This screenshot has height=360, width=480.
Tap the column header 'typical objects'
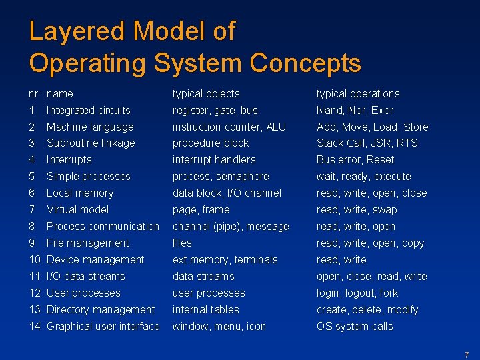[x=205, y=94]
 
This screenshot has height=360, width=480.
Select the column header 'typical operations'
[x=357, y=94]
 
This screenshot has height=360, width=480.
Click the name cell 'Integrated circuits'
[x=88, y=111]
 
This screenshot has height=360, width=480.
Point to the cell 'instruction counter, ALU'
[x=229, y=127]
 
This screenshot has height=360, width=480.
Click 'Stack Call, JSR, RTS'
[x=367, y=143]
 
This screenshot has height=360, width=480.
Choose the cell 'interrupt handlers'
[x=213, y=160]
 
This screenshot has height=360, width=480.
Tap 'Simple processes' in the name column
[x=88, y=177]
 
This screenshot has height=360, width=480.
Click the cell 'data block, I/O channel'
[x=227, y=193]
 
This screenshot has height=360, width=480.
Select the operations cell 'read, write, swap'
[x=356, y=210]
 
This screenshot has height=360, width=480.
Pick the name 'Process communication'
[x=103, y=227]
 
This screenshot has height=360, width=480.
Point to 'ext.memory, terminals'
[x=225, y=260]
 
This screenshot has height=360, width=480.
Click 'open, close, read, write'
[x=371, y=277]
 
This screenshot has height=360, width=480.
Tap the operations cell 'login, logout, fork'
[x=357, y=293]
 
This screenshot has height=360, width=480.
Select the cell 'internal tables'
[x=205, y=310]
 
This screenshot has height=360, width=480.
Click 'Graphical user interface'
[x=103, y=327]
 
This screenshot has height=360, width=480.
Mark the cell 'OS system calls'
[x=354, y=327]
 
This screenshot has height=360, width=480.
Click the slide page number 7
[x=466, y=355]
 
